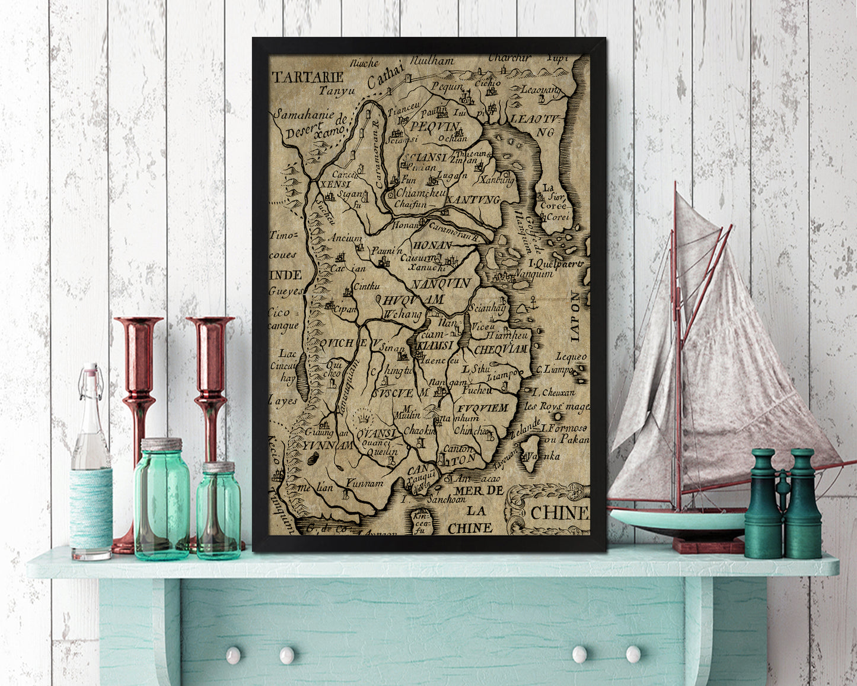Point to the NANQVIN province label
coord(441,283)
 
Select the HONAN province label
coord(432,244)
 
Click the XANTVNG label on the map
coord(473,200)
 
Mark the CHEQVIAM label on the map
coord(501,350)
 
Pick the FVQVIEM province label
coord(483,408)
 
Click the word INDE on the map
coord(285,275)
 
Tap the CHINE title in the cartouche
coord(558,513)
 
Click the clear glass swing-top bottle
coord(91,463)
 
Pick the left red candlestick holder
coord(138,415)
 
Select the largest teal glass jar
coord(161,498)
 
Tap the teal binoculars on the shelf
coord(782,504)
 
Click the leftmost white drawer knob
coord(233,655)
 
